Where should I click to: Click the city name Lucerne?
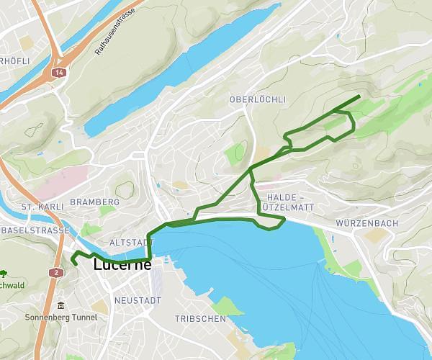122,265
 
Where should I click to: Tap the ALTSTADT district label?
132,243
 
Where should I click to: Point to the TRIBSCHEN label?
200,318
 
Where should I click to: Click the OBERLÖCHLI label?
258,99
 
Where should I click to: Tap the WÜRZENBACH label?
366,223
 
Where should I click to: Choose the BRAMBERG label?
94,202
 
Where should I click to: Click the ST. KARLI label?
38,207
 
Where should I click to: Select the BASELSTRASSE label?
34,230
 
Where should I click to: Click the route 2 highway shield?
55,272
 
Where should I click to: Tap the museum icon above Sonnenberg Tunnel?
60,305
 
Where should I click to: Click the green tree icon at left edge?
4,274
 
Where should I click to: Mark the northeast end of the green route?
359,96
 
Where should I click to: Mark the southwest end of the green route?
75,264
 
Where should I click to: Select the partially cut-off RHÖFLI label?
15,61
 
